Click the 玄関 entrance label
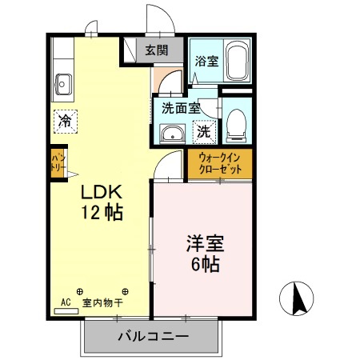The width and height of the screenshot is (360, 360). click(x=157, y=50)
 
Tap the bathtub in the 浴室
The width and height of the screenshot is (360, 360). click(x=237, y=61)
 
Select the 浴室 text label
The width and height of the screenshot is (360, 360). click(x=206, y=61)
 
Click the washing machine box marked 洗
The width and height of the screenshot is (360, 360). click(x=204, y=132)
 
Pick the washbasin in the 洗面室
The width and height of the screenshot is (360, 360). click(x=172, y=134)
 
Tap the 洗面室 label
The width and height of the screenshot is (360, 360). click(x=181, y=108)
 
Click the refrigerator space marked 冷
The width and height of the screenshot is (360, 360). click(x=66, y=122)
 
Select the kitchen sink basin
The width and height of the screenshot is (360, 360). click(x=63, y=84)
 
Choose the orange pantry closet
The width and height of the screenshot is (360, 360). click(x=58, y=163)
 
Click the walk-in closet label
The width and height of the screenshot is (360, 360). click(x=220, y=163)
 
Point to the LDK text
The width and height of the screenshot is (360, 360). click(x=102, y=192)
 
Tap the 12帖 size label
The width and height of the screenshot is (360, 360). click(x=102, y=213)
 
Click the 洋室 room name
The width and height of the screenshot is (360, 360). click(x=205, y=243)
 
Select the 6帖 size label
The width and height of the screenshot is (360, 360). click(x=206, y=264)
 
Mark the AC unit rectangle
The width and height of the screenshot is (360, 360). click(x=66, y=311)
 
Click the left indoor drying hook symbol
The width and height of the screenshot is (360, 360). click(x=79, y=291)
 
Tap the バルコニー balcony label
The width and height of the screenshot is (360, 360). click(x=153, y=336)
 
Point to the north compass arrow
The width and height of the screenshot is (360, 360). click(x=298, y=298)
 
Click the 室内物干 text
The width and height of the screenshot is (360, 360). click(x=102, y=302)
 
